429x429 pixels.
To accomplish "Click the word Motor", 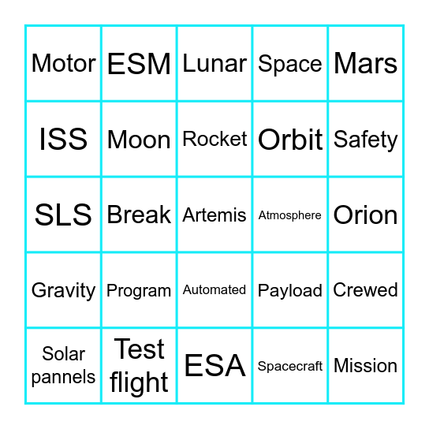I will coord(63,63).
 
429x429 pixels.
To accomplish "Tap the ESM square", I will coord(139,64).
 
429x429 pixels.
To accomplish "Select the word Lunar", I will coord(214,63).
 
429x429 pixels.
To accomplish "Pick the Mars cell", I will coord(366,63).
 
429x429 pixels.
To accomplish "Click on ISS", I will coord(63,140).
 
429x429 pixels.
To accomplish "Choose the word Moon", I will coord(139,140).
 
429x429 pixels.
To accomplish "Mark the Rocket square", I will coord(214,139).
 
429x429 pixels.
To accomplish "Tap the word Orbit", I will coord(290,140).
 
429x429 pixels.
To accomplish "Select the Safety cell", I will coord(366,140).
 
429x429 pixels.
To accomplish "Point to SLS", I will coord(63,215).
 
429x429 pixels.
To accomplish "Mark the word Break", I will coord(139,215).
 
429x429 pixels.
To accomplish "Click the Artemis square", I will coord(214,215).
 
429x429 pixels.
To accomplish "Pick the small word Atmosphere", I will coord(290,215).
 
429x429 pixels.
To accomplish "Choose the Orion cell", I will coord(366,215).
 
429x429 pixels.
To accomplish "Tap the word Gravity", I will coord(63,291).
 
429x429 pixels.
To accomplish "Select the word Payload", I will coord(290,291).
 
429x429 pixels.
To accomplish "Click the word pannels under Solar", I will coord(63,377).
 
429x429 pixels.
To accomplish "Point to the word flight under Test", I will coord(139,382).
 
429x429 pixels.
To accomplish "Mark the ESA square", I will coord(214,366).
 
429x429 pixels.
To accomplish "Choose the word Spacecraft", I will coord(290,367).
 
